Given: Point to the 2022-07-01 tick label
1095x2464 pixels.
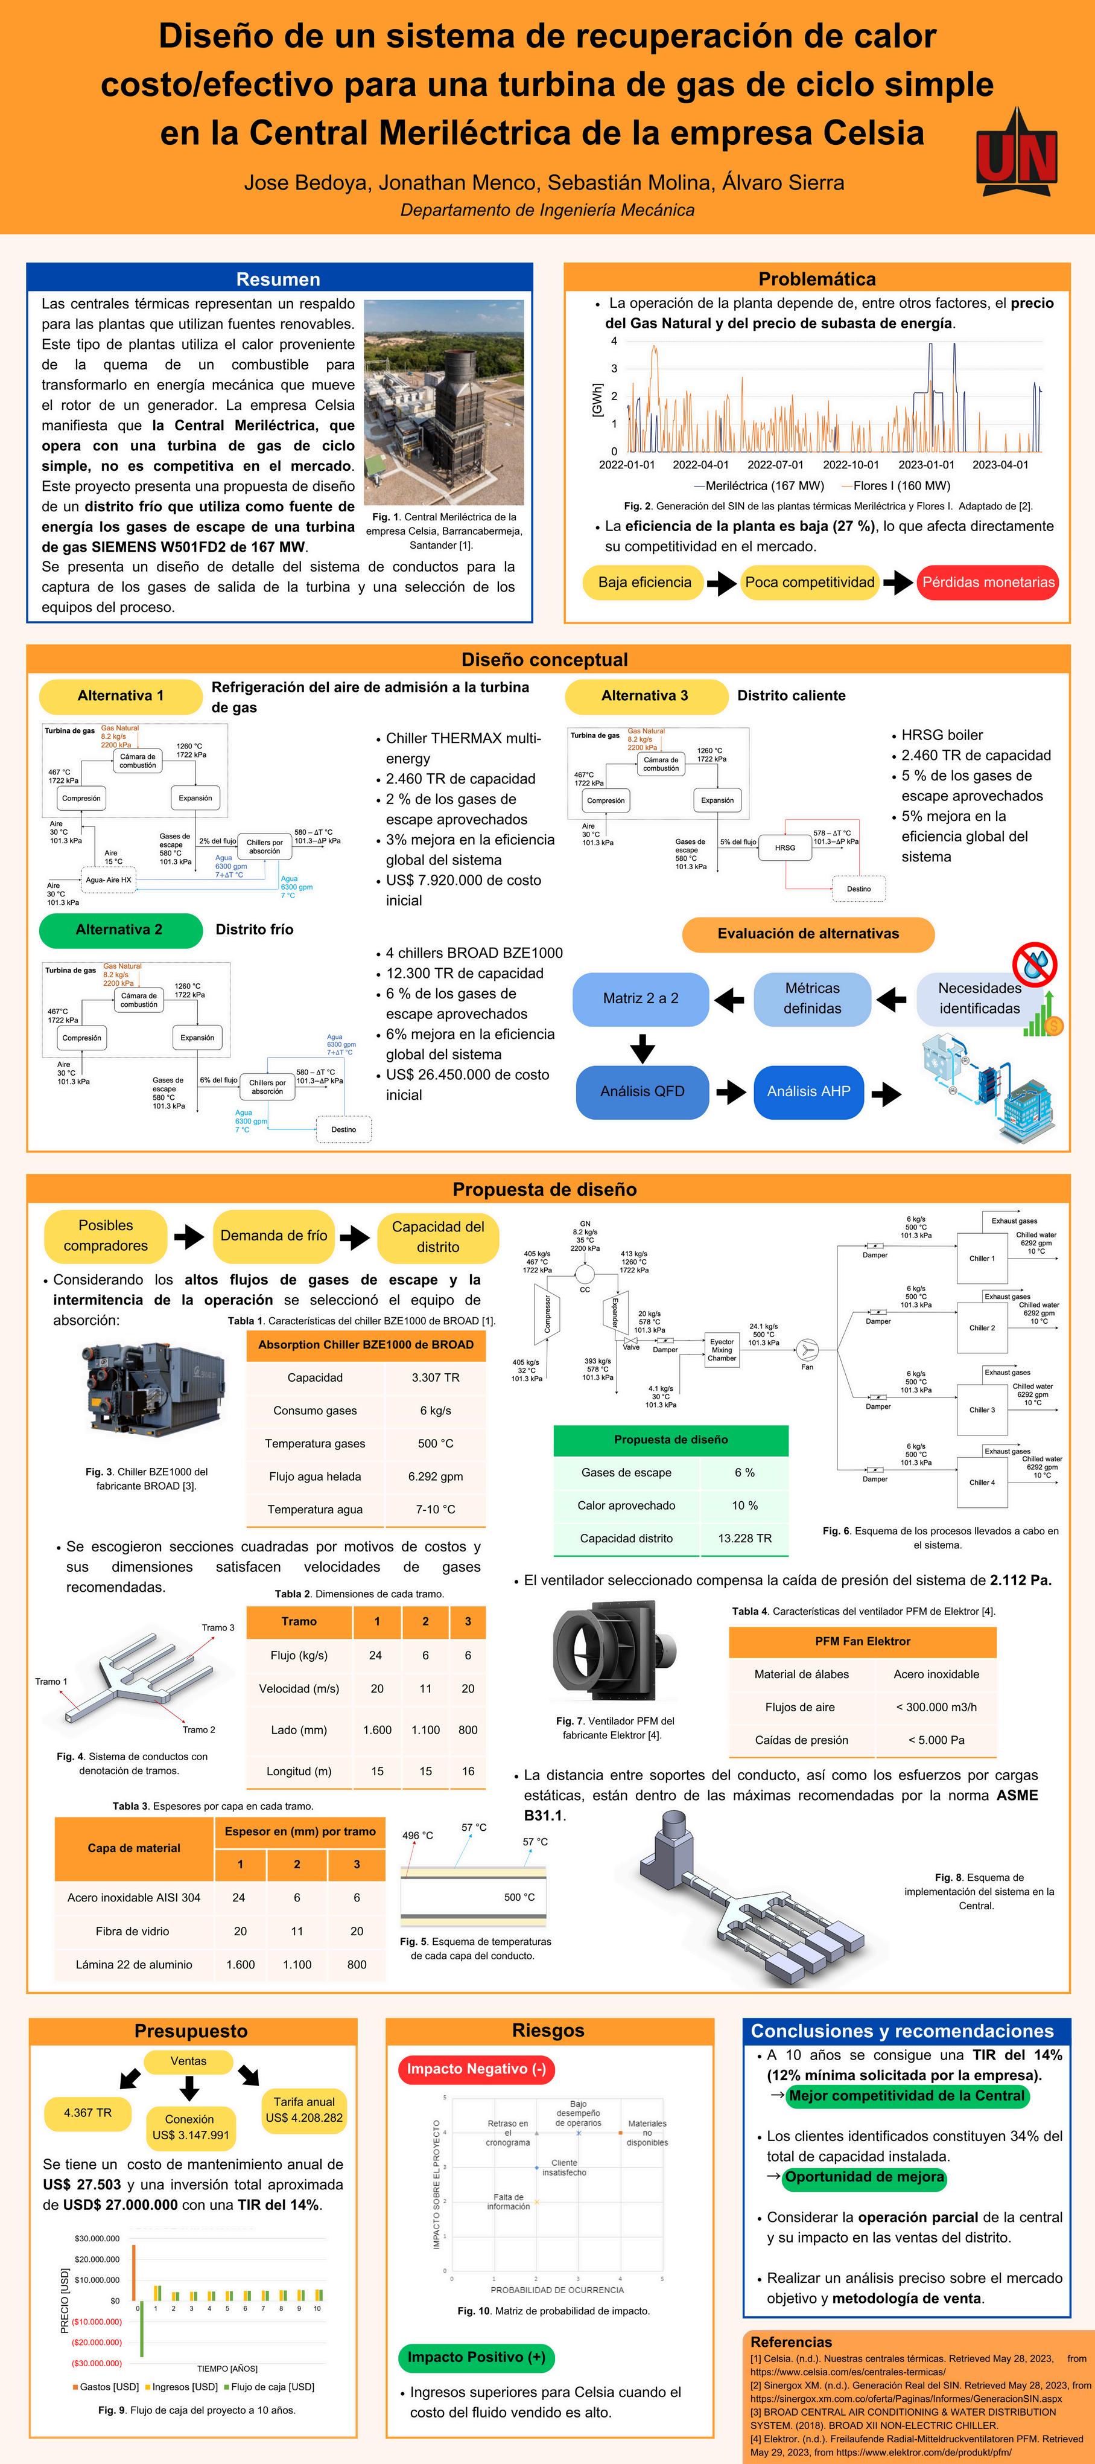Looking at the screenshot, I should click(776, 465).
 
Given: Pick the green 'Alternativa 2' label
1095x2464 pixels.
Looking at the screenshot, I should click(119, 929).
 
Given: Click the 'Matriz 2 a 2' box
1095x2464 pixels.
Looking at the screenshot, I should click(640, 998).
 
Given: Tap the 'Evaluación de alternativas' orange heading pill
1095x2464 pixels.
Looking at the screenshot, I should click(808, 934).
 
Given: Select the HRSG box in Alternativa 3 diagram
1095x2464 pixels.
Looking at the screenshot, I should click(785, 847).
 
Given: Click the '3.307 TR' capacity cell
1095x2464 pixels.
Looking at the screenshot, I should click(435, 1377).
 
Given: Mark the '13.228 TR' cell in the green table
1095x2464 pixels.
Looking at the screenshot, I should click(744, 1538).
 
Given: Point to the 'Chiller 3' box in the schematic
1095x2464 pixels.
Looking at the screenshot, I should click(981, 1410).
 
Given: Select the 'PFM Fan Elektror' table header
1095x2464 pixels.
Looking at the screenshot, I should click(862, 1641).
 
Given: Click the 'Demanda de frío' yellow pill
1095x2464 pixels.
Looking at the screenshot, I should click(273, 1235).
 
